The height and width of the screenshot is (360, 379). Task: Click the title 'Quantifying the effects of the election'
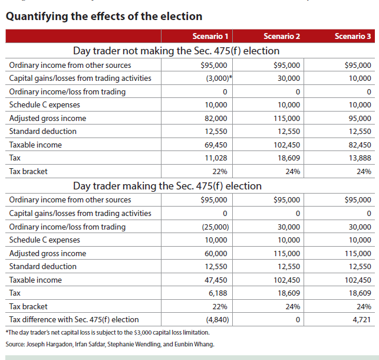[104, 17]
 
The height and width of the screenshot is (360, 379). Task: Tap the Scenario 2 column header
[282, 37]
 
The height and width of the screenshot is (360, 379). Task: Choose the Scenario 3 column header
[352, 37]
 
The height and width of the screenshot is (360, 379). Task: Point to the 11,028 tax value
[216, 158]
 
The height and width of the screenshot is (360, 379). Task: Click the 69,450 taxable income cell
[216, 145]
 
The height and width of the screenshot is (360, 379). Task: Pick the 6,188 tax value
[218, 293]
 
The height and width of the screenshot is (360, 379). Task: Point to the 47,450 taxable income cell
[216, 280]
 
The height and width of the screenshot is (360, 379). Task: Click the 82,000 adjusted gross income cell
[216, 118]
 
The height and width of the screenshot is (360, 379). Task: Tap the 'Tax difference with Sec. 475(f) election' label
[74, 319]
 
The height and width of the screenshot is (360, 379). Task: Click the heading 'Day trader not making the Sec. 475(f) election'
[176, 51]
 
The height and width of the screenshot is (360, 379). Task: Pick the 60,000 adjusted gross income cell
[216, 253]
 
